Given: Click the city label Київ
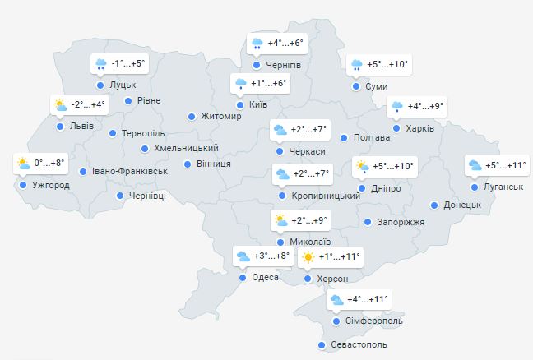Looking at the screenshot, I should pyautogui.click(x=257, y=105).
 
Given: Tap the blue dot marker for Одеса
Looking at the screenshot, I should pyautogui.click(x=243, y=278).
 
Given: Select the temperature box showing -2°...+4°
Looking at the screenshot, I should pyautogui.click(x=78, y=104).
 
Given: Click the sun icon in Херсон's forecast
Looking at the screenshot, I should pyautogui.click(x=308, y=257).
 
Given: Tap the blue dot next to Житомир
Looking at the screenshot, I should pyautogui.click(x=192, y=117).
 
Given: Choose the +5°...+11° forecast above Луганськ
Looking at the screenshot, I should pyautogui.click(x=496, y=165).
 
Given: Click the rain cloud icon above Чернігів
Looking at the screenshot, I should pyautogui.click(x=257, y=43).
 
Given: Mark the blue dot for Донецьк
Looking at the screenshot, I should pyautogui.click(x=435, y=205).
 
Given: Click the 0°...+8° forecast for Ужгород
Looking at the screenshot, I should pyautogui.click(x=39, y=164).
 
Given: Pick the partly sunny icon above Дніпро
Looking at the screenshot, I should pyautogui.click(x=362, y=167).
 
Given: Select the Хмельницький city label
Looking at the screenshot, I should pyautogui.click(x=186, y=149).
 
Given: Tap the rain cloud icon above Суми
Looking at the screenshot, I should pyautogui.click(x=357, y=65).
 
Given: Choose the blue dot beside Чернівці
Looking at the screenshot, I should pyautogui.click(x=120, y=196).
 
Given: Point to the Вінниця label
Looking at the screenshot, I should pyautogui.click(x=213, y=164).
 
